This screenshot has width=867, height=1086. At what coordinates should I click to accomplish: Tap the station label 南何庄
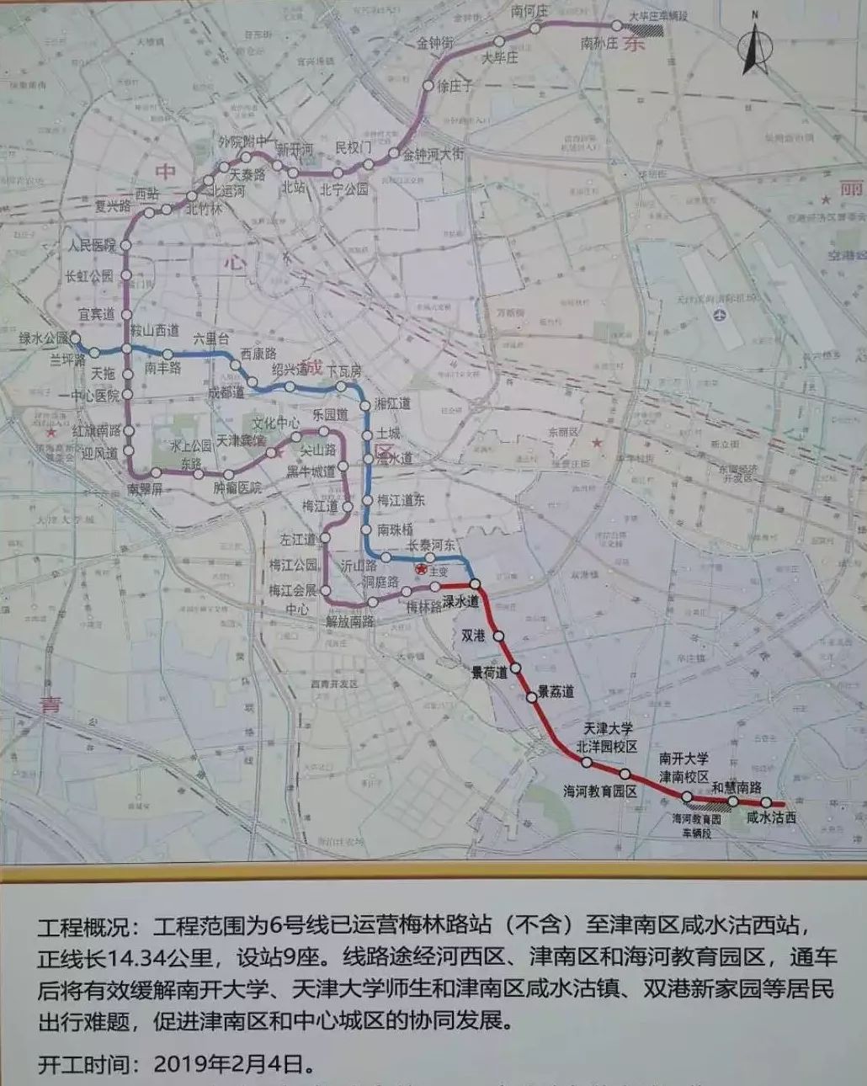click(529, 12)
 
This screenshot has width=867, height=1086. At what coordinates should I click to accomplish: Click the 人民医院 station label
click(92, 245)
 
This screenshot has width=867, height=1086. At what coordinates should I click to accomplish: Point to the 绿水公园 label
click(45, 339)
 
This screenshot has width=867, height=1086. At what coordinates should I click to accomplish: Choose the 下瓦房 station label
click(343, 371)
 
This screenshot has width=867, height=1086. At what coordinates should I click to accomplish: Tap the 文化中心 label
click(276, 423)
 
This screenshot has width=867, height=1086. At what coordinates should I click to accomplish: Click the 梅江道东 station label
click(401, 500)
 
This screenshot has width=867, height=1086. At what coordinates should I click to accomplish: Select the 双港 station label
click(474, 636)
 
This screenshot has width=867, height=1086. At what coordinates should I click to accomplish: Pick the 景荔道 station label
click(556, 691)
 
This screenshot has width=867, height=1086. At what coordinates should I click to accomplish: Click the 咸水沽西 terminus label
click(771, 817)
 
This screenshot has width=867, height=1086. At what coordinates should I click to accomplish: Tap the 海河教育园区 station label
click(600, 792)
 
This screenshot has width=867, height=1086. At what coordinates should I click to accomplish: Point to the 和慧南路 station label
click(737, 788)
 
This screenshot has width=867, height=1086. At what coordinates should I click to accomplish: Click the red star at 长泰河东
click(422, 571)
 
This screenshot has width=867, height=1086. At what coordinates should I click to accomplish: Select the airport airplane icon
click(718, 315)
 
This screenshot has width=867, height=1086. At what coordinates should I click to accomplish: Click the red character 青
click(51, 705)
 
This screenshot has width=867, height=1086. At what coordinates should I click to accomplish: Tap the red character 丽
click(851, 189)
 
